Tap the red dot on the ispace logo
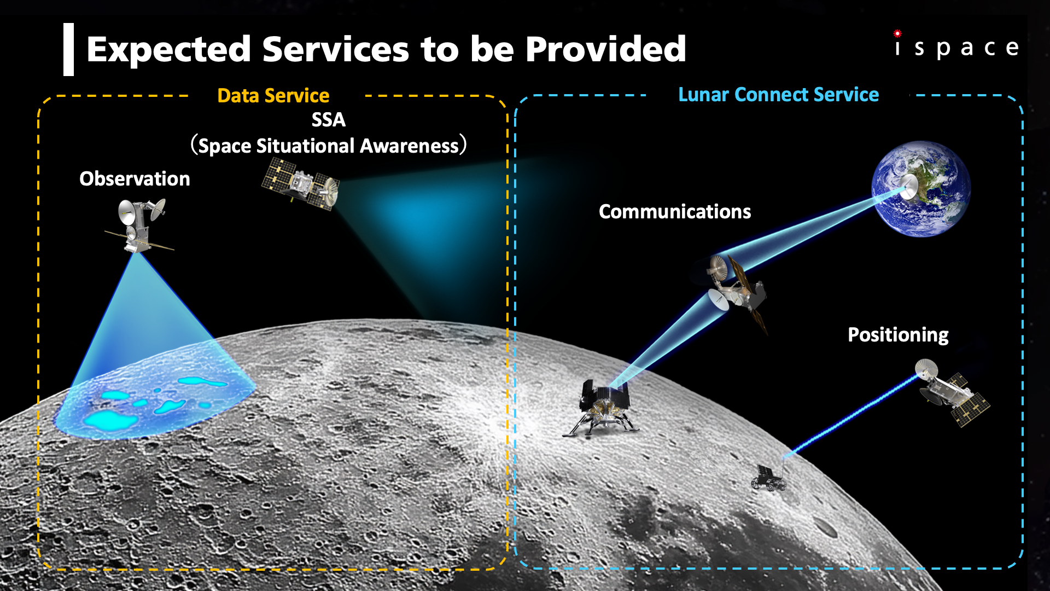pyautogui.click(x=897, y=33)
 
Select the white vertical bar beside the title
pyautogui.click(x=68, y=49)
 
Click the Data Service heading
pyautogui.click(x=273, y=96)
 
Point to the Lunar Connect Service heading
pyautogui.click(x=778, y=95)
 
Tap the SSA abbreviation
pyautogui.click(x=329, y=120)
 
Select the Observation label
pyautogui.click(x=135, y=179)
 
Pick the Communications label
pyautogui.click(x=675, y=212)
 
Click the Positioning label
pyautogui.click(x=898, y=335)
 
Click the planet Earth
pyautogui.click(x=921, y=189)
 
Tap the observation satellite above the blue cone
pyautogui.click(x=140, y=225)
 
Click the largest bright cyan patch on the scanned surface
pyautogui.click(x=109, y=420)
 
